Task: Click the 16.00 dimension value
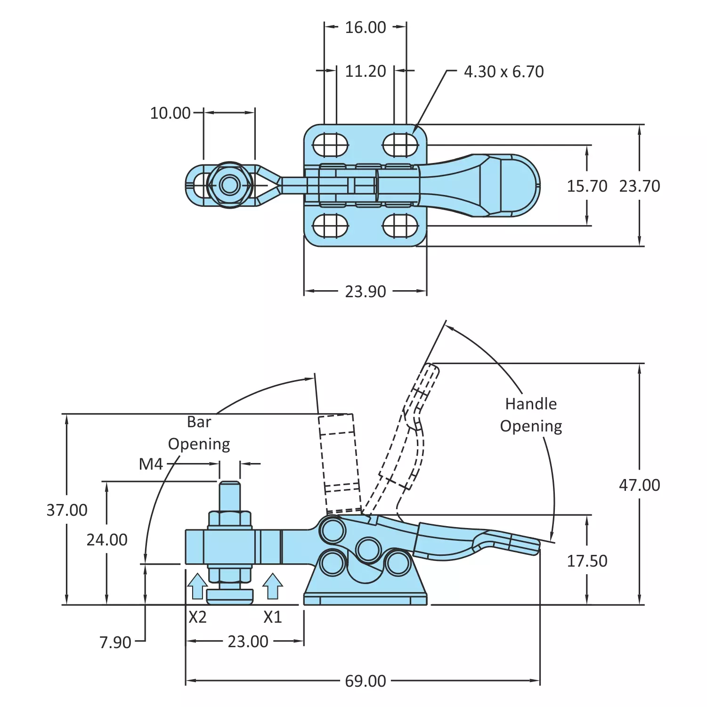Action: point(365,27)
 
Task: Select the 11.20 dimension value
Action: point(365,72)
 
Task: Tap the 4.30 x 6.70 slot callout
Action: point(504,72)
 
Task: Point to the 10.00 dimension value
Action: point(170,113)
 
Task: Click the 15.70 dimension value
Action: point(587,186)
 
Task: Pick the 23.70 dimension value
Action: point(639,186)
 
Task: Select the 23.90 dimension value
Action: point(365,292)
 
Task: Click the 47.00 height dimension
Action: point(639,485)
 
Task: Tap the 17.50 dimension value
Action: point(587,561)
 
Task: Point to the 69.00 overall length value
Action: point(365,681)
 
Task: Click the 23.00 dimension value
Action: point(248,642)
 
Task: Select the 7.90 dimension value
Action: point(115,642)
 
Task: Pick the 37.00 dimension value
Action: point(67,510)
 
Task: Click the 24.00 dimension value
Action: point(107,540)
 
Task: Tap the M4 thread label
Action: point(151,464)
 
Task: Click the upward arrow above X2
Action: point(197,586)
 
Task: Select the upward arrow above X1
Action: point(272,586)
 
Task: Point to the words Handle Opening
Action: point(531,415)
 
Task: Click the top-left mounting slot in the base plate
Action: point(330,144)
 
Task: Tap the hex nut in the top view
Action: point(230,185)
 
